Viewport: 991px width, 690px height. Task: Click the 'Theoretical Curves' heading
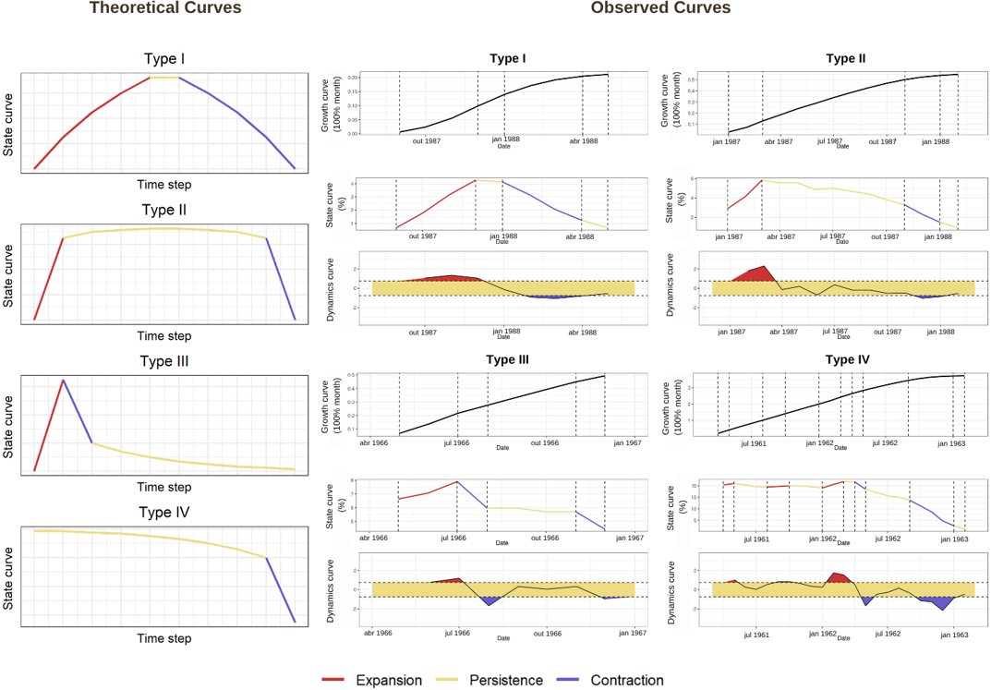tap(165, 8)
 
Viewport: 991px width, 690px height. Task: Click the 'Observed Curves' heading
tap(660, 8)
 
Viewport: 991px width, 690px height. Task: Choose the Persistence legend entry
tap(492, 680)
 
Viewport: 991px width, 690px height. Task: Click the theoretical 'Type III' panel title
tap(164, 361)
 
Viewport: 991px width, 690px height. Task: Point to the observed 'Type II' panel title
tap(845, 58)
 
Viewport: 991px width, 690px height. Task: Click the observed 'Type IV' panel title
tap(845, 359)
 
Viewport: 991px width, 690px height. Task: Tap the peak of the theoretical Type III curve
tap(63, 380)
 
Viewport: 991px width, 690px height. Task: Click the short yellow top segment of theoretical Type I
tap(163, 78)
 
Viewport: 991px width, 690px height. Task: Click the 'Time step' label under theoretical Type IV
tap(164, 638)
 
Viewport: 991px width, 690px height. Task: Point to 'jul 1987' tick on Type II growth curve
tap(834, 141)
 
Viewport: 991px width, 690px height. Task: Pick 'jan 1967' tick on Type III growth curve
tap(627, 443)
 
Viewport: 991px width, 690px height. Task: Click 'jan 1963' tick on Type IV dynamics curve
tap(954, 635)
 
